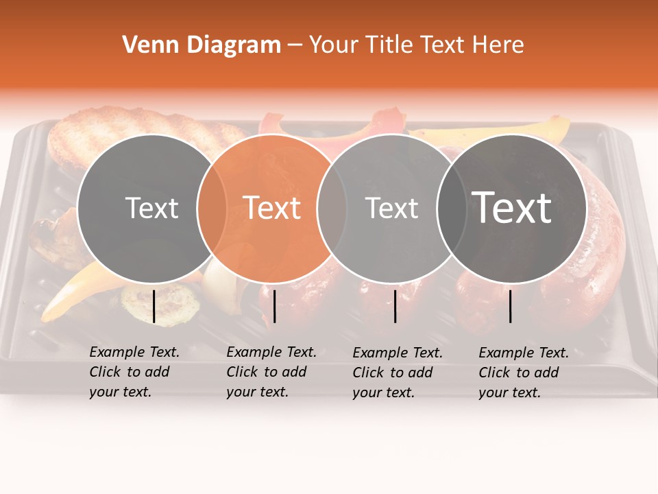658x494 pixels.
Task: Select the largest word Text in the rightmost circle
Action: point(512,207)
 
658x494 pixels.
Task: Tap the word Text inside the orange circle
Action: point(272,207)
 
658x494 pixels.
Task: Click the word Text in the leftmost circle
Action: point(151,208)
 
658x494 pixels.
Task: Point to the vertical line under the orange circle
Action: point(274,306)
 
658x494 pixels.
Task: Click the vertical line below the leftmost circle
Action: point(154,306)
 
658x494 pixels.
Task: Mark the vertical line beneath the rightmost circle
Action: point(511,306)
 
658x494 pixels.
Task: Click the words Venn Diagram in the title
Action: point(202,45)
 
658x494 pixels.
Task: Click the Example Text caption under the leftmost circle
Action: point(134,372)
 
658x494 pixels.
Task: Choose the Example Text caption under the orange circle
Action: point(271,372)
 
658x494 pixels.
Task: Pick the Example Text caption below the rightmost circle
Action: point(524,373)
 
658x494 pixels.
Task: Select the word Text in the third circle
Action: point(391,208)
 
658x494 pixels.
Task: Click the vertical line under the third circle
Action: point(395,306)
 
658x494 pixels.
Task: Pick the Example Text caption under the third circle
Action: point(398,373)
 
